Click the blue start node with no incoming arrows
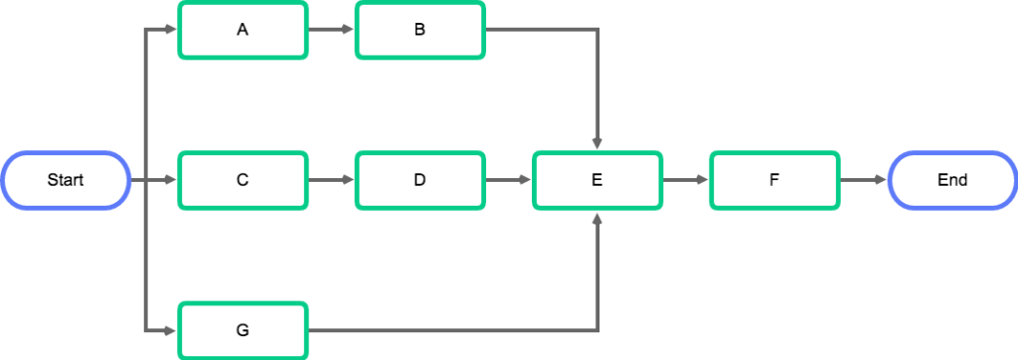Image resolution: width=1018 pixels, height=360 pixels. pyautogui.click(x=67, y=180)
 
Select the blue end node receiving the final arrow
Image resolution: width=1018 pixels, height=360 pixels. pyautogui.click(x=951, y=180)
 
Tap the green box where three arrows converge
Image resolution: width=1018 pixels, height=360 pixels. pyautogui.click(x=597, y=180)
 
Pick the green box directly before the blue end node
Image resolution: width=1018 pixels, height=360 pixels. pyautogui.click(x=774, y=180)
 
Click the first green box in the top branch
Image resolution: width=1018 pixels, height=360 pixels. pyautogui.click(x=243, y=30)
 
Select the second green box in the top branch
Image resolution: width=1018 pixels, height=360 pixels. pyautogui.click(x=421, y=30)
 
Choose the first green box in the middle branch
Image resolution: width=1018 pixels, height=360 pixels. pyautogui.click(x=243, y=180)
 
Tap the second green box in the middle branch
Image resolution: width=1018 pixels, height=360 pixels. pyautogui.click(x=421, y=180)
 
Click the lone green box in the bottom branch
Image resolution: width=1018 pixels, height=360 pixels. pyautogui.click(x=243, y=330)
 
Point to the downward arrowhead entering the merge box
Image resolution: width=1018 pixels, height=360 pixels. pyautogui.click(x=597, y=144)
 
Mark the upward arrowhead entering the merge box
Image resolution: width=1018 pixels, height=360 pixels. pyautogui.click(x=597, y=217)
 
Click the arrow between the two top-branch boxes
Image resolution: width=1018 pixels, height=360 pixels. pyautogui.click(x=331, y=30)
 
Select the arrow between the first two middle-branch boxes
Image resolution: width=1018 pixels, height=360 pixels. pyautogui.click(x=331, y=180)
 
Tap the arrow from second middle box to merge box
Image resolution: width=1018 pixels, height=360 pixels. pyautogui.click(x=509, y=180)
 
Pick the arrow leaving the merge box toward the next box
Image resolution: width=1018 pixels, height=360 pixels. pyautogui.click(x=686, y=180)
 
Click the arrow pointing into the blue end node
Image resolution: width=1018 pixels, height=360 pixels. pyautogui.click(x=863, y=180)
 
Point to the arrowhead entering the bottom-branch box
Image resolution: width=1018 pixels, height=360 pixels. pyautogui.click(x=171, y=330)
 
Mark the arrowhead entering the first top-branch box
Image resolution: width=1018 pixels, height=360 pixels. pyautogui.click(x=171, y=30)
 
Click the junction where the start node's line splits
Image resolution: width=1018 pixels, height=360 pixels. pyautogui.click(x=146, y=180)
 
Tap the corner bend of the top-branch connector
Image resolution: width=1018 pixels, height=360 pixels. pyautogui.click(x=597, y=30)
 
